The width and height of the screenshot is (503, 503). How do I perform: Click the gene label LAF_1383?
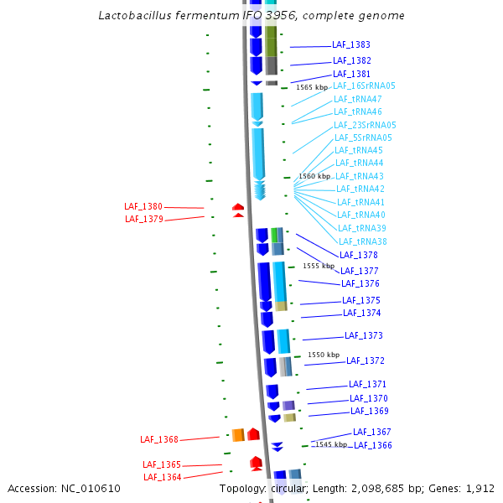click(x=351, y=44)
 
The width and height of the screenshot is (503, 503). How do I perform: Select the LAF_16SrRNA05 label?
click(x=364, y=86)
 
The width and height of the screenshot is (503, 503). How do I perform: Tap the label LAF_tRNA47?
click(x=357, y=99)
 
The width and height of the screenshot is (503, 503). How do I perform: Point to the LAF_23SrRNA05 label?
click(x=365, y=125)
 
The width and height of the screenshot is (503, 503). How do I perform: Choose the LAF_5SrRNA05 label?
click(x=363, y=137)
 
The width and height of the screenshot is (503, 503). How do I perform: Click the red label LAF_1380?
click(x=143, y=206)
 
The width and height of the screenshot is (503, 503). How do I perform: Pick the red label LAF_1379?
click(x=143, y=219)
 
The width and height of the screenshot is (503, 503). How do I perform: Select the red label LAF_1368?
click(x=159, y=439)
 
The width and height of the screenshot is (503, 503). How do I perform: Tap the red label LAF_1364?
click(x=162, y=477)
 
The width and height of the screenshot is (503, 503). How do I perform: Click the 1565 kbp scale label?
click(x=312, y=87)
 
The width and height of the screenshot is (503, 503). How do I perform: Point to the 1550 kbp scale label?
click(x=324, y=355)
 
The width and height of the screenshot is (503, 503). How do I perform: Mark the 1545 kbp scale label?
click(x=330, y=444)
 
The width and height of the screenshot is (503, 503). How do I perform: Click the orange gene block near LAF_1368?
click(x=238, y=434)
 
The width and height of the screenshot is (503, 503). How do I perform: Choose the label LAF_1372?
click(x=366, y=360)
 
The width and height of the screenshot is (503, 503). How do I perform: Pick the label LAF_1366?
click(x=372, y=445)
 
